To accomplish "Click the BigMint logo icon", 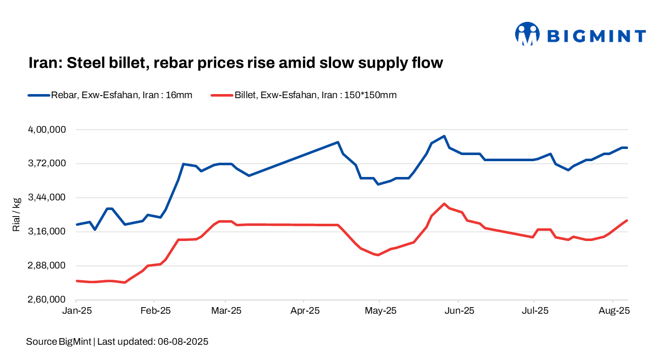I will pyautogui.click(x=527, y=34).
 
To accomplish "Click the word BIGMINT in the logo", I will pyautogui.click(x=596, y=36).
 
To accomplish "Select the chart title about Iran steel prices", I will pyautogui.click(x=235, y=63).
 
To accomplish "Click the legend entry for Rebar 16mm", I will pyautogui.click(x=110, y=95).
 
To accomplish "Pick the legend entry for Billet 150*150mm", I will pyautogui.click(x=304, y=95).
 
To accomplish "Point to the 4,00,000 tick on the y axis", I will pyautogui.click(x=46, y=130).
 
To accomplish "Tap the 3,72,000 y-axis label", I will pyautogui.click(x=46, y=164).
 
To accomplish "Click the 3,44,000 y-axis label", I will pyautogui.click(x=46, y=198).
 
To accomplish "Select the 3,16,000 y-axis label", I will pyautogui.click(x=46, y=232).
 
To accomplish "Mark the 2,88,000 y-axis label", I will pyautogui.click(x=46, y=266).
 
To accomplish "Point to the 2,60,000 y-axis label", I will pyautogui.click(x=46, y=300).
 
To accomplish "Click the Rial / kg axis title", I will pyautogui.click(x=16, y=215).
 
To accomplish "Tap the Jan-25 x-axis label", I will pyautogui.click(x=76, y=311).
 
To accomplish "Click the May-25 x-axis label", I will pyautogui.click(x=380, y=311).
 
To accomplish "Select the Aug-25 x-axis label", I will pyautogui.click(x=613, y=311).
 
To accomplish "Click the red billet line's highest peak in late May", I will pyautogui.click(x=444, y=204).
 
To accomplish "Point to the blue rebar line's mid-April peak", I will pyautogui.click(x=338, y=142).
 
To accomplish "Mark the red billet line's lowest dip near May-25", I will pyautogui.click(x=378, y=255).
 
